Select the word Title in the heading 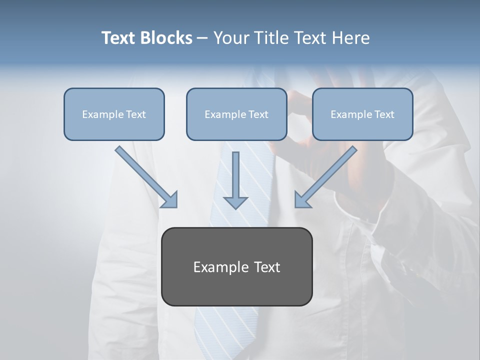tap(272, 38)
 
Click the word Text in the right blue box tap(384, 114)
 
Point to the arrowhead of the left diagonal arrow tap(170, 200)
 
